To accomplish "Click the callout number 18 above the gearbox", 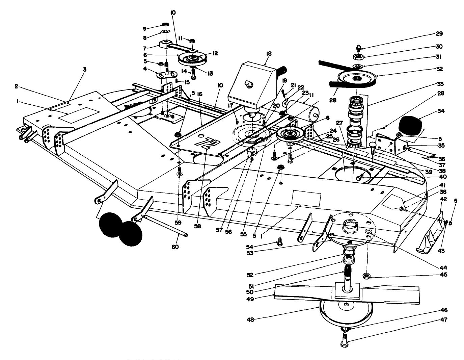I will tap(269, 54).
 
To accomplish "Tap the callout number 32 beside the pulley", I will tap(439, 69).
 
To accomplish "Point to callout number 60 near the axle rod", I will tap(175, 247).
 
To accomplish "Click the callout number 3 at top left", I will tap(84, 69).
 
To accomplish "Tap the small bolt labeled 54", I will tap(279, 241).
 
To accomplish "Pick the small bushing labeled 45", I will tap(365, 277).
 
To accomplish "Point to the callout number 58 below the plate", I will tap(197, 226).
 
